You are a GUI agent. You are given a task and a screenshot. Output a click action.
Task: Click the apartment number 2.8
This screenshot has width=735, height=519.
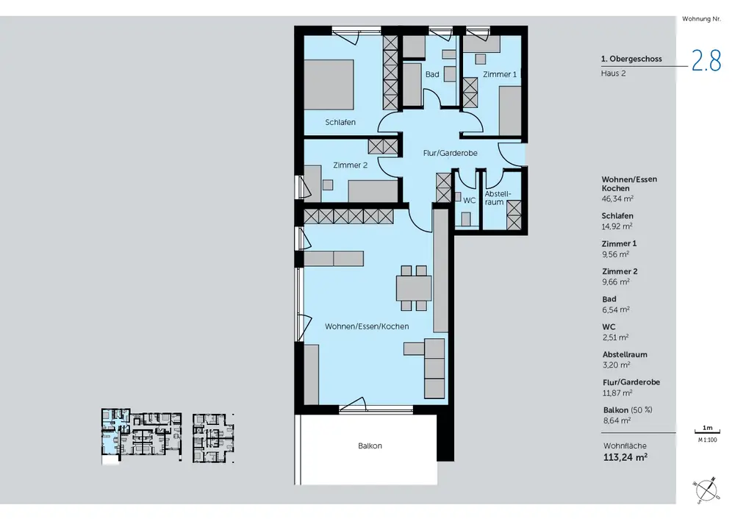coord(706,62)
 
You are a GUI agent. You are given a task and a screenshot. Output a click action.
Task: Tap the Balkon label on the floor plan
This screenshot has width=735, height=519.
coord(370,446)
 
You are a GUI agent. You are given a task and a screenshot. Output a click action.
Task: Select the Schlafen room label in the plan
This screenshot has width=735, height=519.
coord(340,122)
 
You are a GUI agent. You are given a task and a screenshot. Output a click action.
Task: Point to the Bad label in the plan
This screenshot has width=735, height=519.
coord(432,74)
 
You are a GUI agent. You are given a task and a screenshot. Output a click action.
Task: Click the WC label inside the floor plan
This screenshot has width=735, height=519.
coord(469,201)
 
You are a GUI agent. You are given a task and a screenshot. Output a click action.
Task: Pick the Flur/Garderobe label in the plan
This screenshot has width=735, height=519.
coord(450,153)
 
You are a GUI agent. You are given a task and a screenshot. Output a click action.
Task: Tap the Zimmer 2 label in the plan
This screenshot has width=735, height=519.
coord(350,165)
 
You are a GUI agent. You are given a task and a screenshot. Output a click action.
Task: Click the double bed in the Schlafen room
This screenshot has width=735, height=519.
coord(329,85)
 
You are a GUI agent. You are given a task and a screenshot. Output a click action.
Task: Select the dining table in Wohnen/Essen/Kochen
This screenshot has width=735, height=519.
coord(413,288)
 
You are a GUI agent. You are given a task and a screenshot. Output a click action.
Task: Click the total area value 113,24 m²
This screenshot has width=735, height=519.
coord(625,457)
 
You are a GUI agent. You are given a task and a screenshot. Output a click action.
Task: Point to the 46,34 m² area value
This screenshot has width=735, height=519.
coord(618,198)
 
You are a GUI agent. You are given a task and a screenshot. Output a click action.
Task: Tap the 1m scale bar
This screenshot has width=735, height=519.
coord(707,430)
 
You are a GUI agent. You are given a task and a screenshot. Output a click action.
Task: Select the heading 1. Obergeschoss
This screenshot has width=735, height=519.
coord(631,59)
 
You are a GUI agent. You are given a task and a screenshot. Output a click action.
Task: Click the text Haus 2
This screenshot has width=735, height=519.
coord(613,73)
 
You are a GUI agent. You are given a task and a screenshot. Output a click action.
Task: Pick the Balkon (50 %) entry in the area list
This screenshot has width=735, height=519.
coord(628,410)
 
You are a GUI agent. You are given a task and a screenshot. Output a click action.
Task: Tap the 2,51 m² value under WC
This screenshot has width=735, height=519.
coord(615,337)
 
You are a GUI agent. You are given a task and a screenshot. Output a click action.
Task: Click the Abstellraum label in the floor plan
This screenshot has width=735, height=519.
coord(498,198)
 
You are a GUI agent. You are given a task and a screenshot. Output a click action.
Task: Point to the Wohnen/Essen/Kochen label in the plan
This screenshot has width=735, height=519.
coord(367,326)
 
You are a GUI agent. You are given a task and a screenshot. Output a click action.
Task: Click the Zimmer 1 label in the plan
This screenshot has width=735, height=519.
coord(500,74)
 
